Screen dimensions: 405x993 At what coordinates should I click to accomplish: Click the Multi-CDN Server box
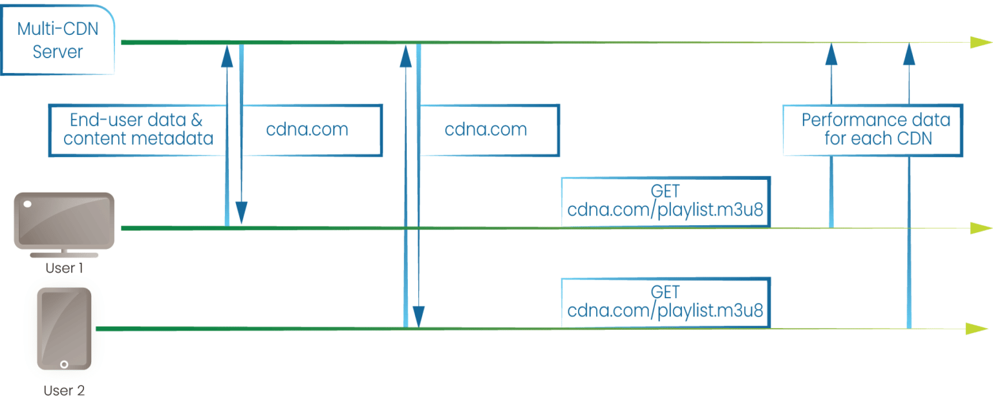(x=58, y=39)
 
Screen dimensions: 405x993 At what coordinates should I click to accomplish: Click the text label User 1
(x=64, y=268)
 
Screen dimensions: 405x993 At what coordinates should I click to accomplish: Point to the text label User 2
(x=64, y=391)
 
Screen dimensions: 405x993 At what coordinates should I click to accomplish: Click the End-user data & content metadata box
(x=138, y=130)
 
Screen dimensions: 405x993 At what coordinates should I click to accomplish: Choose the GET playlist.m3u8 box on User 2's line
(x=665, y=301)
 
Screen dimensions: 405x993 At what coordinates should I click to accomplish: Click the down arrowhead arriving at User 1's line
(x=241, y=212)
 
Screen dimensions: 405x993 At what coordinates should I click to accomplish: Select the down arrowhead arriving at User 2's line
(x=419, y=316)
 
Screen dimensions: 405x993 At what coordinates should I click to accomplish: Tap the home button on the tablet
(x=64, y=365)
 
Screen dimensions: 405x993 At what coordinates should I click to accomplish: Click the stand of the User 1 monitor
(x=64, y=253)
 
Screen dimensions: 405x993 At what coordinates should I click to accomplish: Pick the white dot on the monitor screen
(x=27, y=204)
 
